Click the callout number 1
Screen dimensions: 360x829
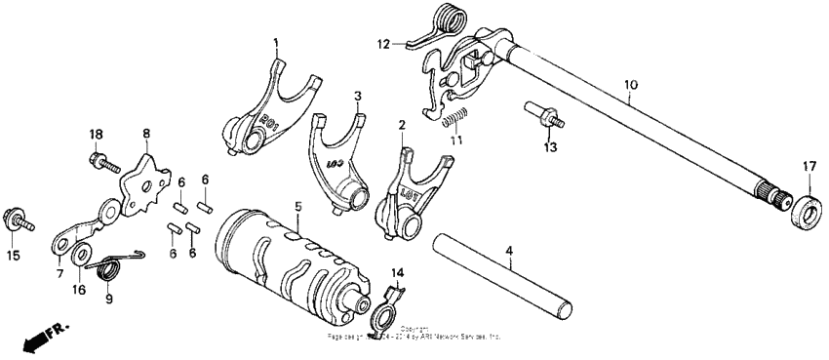tap(276, 43)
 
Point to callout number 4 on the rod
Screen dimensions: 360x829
tap(508, 252)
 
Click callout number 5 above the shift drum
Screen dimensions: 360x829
tap(299, 207)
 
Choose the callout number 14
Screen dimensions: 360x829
tap(397, 273)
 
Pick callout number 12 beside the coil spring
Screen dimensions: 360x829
tap(384, 43)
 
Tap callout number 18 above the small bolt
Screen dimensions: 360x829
tap(96, 134)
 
